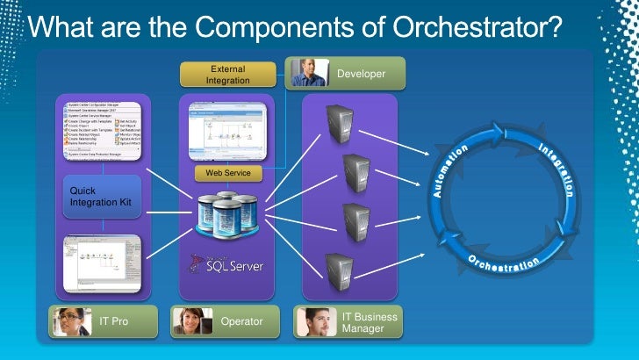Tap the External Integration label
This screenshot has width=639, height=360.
click(x=227, y=75)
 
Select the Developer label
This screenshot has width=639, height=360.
click(x=361, y=74)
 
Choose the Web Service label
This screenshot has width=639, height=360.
click(x=228, y=174)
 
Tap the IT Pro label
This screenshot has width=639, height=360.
click(x=114, y=321)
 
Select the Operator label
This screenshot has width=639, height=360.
click(x=241, y=321)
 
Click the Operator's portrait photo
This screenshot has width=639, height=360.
click(x=192, y=321)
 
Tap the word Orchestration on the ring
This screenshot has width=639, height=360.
click(x=504, y=262)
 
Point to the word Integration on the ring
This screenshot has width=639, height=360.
click(x=558, y=167)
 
